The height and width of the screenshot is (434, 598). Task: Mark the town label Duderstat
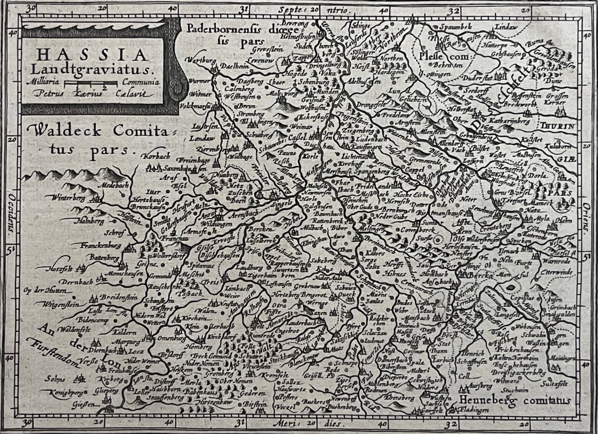(477, 78)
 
